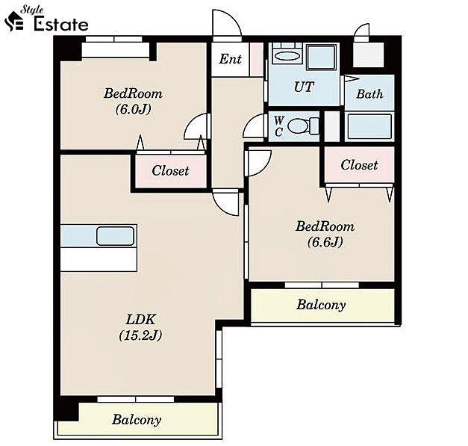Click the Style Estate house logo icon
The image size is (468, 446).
(13, 21)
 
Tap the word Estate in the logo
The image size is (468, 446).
(61, 24)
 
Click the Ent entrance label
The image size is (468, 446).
(230, 59)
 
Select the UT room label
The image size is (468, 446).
(304, 87)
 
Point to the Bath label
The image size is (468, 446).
(369, 94)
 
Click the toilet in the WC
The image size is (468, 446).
(303, 126)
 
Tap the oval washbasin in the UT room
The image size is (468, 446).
(287, 56)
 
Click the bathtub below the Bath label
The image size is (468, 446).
(369, 127)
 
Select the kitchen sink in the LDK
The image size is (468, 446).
(115, 236)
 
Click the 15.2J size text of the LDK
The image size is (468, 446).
(140, 335)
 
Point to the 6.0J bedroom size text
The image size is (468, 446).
(133, 109)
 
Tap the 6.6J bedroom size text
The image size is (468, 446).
(325, 241)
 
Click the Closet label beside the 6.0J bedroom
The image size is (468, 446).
(170, 171)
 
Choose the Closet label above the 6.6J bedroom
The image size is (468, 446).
(359, 165)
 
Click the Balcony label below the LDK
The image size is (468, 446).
(137, 420)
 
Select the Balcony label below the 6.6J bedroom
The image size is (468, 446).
(321, 305)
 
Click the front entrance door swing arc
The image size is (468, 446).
(233, 16)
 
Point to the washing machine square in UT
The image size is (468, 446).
(321, 57)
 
